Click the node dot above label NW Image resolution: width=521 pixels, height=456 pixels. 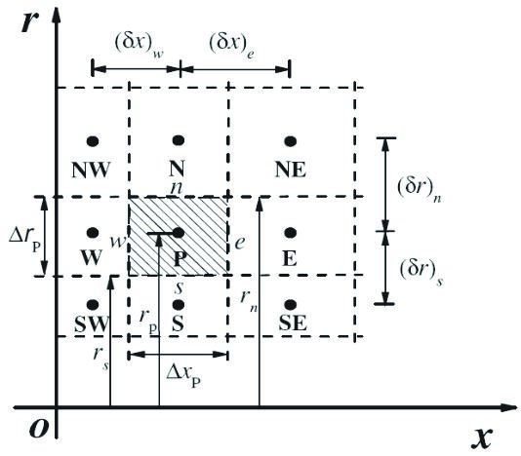point(93,141)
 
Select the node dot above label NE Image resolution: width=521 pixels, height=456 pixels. point(291,141)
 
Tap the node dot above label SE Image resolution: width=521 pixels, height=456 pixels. point(291,304)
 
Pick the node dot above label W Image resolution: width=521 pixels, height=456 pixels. point(93,233)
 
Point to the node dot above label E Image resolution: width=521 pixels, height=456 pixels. point(291,233)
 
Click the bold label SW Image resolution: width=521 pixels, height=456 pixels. point(92,323)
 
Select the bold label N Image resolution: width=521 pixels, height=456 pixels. point(177,169)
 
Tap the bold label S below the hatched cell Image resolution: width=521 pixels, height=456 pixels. point(178,323)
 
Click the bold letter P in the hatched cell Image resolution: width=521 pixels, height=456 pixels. point(179,258)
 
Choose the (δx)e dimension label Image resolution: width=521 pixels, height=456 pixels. point(232,46)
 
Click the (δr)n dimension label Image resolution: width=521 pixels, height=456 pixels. point(420,190)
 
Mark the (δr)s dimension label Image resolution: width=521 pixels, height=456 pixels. point(421,273)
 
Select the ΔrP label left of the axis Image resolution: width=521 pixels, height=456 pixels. point(24,240)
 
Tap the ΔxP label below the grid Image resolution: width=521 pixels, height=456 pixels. point(183,376)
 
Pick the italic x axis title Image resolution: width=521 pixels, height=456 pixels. point(482,437)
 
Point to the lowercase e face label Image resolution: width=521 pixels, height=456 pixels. point(240,243)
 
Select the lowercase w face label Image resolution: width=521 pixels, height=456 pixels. point(118,243)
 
